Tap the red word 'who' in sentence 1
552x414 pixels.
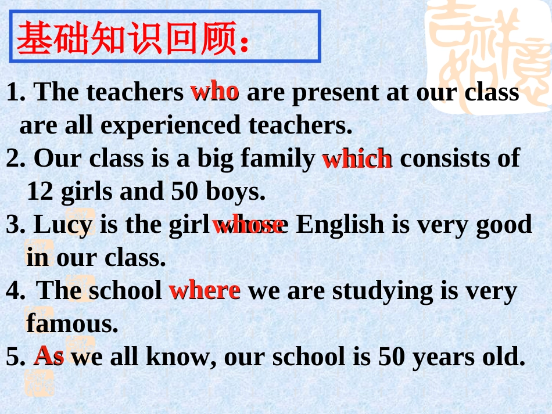(214, 91)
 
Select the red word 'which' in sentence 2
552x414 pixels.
(357, 159)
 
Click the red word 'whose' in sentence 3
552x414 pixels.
(248, 224)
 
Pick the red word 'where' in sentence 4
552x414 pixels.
(205, 290)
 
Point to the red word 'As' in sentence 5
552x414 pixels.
(49, 355)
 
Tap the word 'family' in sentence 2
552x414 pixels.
(278, 158)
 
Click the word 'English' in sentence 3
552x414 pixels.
(340, 224)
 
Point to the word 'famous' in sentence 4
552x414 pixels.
(70, 323)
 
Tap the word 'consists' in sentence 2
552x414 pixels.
(443, 158)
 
